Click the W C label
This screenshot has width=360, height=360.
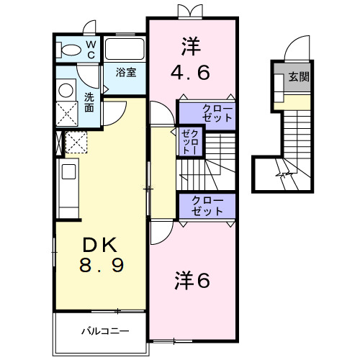[x=91, y=49]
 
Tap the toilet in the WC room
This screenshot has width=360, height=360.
[x=71, y=50]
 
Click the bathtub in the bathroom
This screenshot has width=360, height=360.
[x=125, y=50]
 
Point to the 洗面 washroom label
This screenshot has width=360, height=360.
[x=89, y=102]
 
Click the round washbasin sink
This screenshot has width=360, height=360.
[x=66, y=90]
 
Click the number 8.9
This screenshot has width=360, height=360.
[x=102, y=265]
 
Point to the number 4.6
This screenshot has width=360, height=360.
[x=190, y=72]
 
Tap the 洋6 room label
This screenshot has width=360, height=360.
[x=192, y=280]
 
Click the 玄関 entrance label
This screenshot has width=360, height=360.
[x=300, y=76]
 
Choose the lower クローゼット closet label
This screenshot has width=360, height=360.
[x=208, y=206]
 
